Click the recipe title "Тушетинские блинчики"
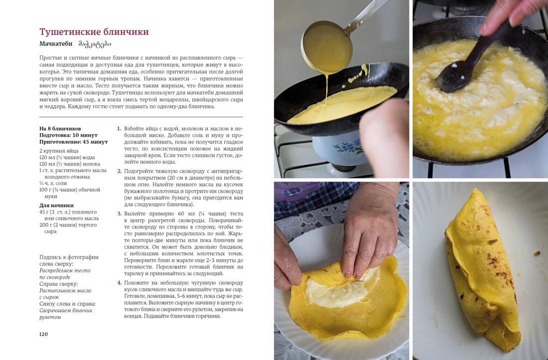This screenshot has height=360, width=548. [94, 32]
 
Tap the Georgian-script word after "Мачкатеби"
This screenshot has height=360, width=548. [94, 44]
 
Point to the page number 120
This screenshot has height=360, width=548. [43, 334]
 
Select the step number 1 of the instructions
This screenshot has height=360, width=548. [119, 129]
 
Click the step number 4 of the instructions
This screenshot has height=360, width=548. [119, 283]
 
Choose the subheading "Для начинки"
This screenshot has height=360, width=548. [56, 205]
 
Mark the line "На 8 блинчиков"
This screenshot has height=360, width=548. [60, 129]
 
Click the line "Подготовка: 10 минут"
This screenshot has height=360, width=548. [68, 135]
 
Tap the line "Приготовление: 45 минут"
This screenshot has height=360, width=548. [73, 142]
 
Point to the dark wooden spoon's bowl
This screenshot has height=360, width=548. [454, 76]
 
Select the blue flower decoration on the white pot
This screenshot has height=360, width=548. [348, 147]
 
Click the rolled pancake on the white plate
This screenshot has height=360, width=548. [482, 269]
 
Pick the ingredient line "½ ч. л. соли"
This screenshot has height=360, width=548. [53, 183]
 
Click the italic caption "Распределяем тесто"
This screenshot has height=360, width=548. [65, 270]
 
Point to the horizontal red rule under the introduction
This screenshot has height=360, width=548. [141, 117]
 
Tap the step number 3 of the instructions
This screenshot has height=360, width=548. [119, 213]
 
